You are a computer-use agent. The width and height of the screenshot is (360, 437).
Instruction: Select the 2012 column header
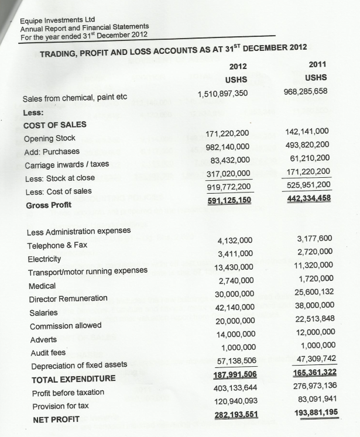[x=238, y=66]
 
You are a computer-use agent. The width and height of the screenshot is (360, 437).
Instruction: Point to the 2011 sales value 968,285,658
[x=305, y=91]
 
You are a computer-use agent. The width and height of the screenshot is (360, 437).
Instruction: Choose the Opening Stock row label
[x=50, y=139]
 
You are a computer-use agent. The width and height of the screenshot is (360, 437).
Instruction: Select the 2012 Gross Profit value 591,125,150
[x=229, y=201]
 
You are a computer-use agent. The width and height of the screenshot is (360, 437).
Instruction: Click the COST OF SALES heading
[x=54, y=125]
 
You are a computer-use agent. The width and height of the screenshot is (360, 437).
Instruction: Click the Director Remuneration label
[x=68, y=298]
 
